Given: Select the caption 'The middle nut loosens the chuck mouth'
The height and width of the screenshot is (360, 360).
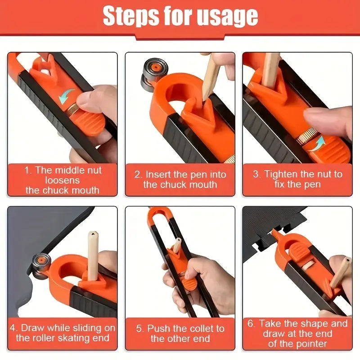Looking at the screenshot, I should pos(63,180).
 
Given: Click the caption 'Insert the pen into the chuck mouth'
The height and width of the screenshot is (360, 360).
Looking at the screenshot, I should pos(180,179).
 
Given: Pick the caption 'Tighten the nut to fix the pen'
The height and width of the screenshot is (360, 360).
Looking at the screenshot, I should pos(297,179).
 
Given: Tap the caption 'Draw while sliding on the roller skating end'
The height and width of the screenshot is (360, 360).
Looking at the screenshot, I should pos(63,333).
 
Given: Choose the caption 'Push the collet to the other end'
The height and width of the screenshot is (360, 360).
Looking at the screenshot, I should pos(180,333).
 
